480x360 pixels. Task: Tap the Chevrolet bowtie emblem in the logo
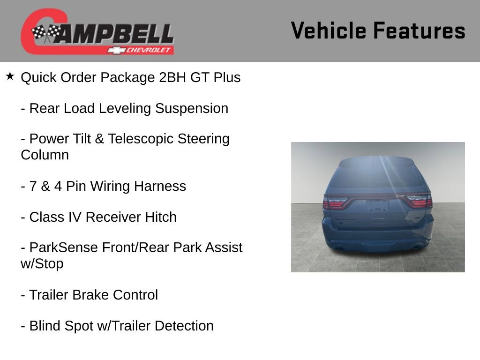(114, 50)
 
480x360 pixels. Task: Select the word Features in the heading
(420, 30)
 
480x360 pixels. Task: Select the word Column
(45, 155)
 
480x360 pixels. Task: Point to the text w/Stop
(42, 263)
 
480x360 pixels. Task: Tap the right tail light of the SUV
(420, 202)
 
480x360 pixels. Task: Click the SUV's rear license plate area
(377, 205)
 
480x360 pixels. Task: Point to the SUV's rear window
(377, 173)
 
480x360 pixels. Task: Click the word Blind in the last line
(45, 326)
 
